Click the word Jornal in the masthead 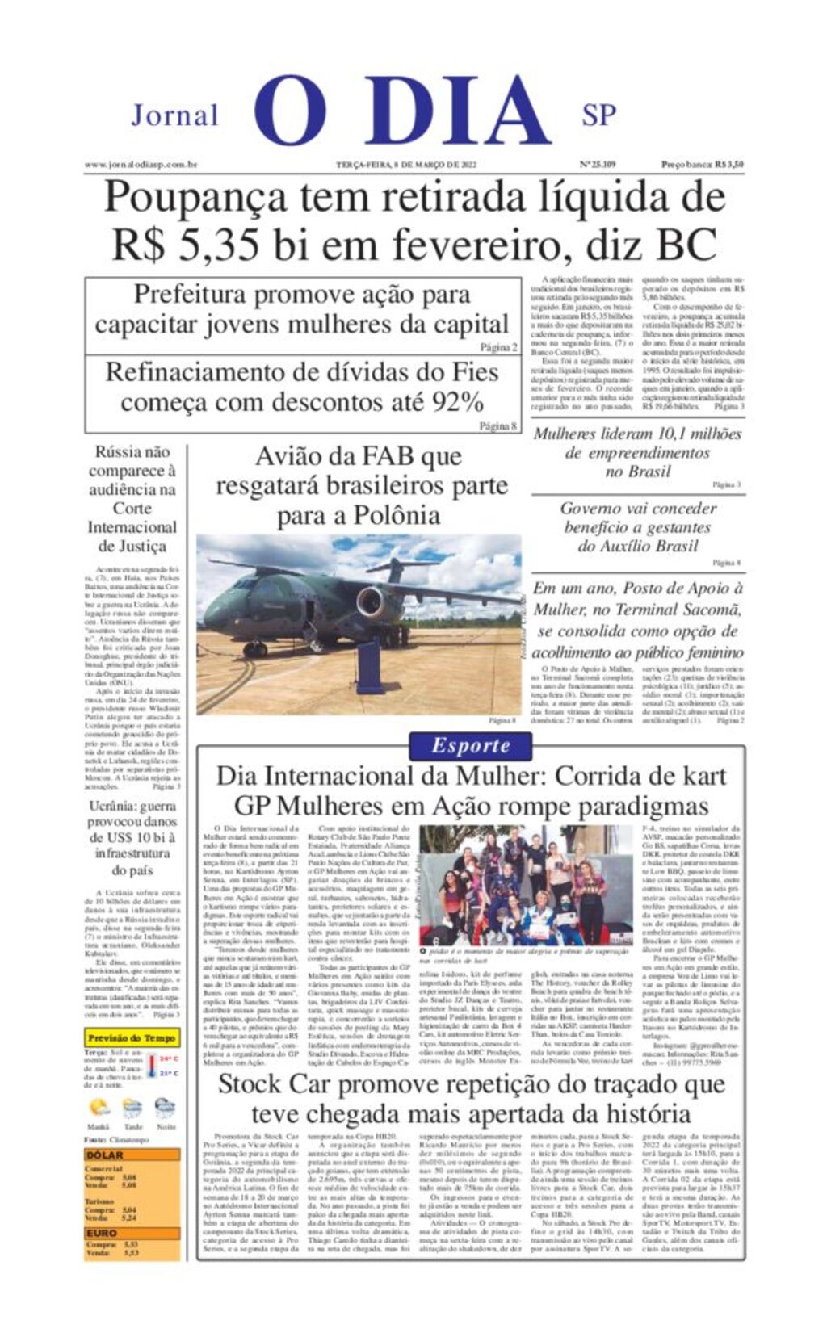pos(174,115)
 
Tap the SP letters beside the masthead pos(598,115)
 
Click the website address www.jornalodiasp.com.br pos(141,165)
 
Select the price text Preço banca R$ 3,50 pos(702,165)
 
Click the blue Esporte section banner pos(471,746)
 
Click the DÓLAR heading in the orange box pos(105,1155)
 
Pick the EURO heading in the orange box pos(103,1234)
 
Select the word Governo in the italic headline pos(593,509)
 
